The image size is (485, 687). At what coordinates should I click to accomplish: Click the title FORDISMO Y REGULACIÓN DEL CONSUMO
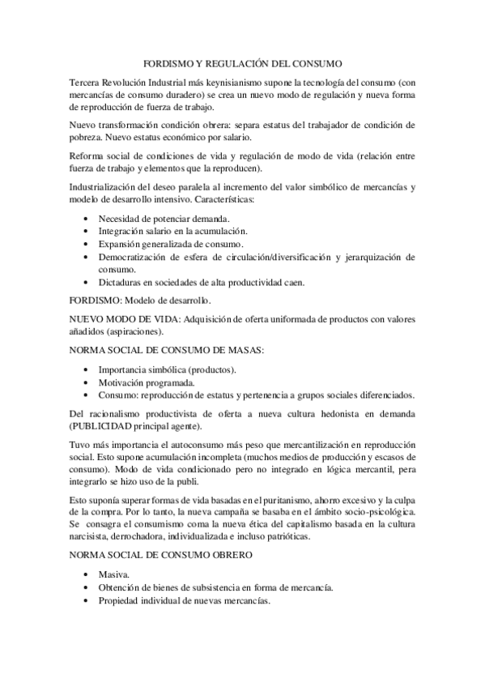[242, 62]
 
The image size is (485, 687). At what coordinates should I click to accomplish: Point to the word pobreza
[88, 138]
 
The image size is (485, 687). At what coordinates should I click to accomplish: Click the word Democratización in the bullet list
[136, 257]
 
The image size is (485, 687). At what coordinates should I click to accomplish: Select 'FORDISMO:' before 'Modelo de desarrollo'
[96, 301]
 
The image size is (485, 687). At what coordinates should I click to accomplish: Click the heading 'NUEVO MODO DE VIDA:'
[125, 319]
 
